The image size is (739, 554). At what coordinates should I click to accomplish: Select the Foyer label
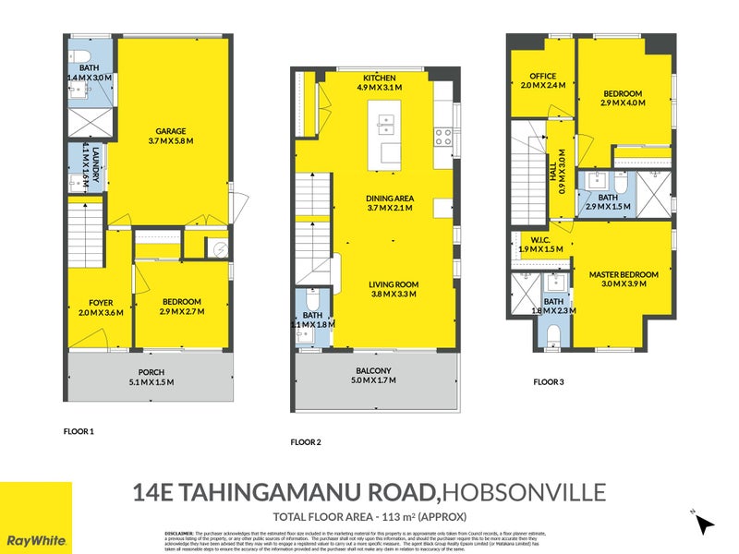101,302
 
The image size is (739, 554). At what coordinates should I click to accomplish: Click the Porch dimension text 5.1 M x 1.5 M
151,382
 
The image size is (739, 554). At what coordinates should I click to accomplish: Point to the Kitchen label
380,78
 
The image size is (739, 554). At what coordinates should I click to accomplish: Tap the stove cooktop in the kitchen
442,138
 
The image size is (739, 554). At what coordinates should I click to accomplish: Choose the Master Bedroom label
624,274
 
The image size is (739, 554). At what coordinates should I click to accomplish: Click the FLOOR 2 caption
306,442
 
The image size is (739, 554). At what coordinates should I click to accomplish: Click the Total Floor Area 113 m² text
369,515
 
